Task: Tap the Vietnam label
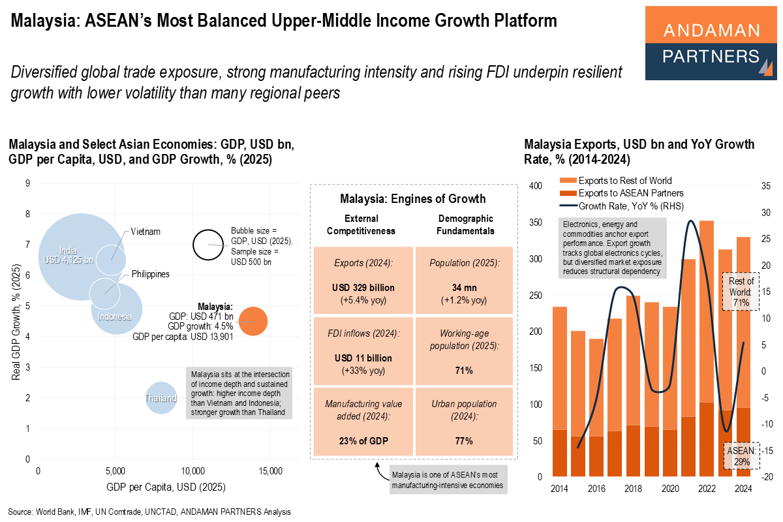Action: (x=145, y=232)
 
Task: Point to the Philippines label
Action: (x=150, y=274)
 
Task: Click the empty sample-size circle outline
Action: (x=209, y=245)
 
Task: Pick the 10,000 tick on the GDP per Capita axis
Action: (x=192, y=471)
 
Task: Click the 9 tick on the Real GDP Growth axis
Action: (x=27, y=183)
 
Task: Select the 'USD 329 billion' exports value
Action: (x=364, y=288)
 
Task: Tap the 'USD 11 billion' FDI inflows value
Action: (x=364, y=358)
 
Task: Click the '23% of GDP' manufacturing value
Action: (x=364, y=441)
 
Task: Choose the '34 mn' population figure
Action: (x=465, y=288)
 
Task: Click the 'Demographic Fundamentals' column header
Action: (x=465, y=224)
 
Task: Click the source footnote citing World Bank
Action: (x=149, y=512)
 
